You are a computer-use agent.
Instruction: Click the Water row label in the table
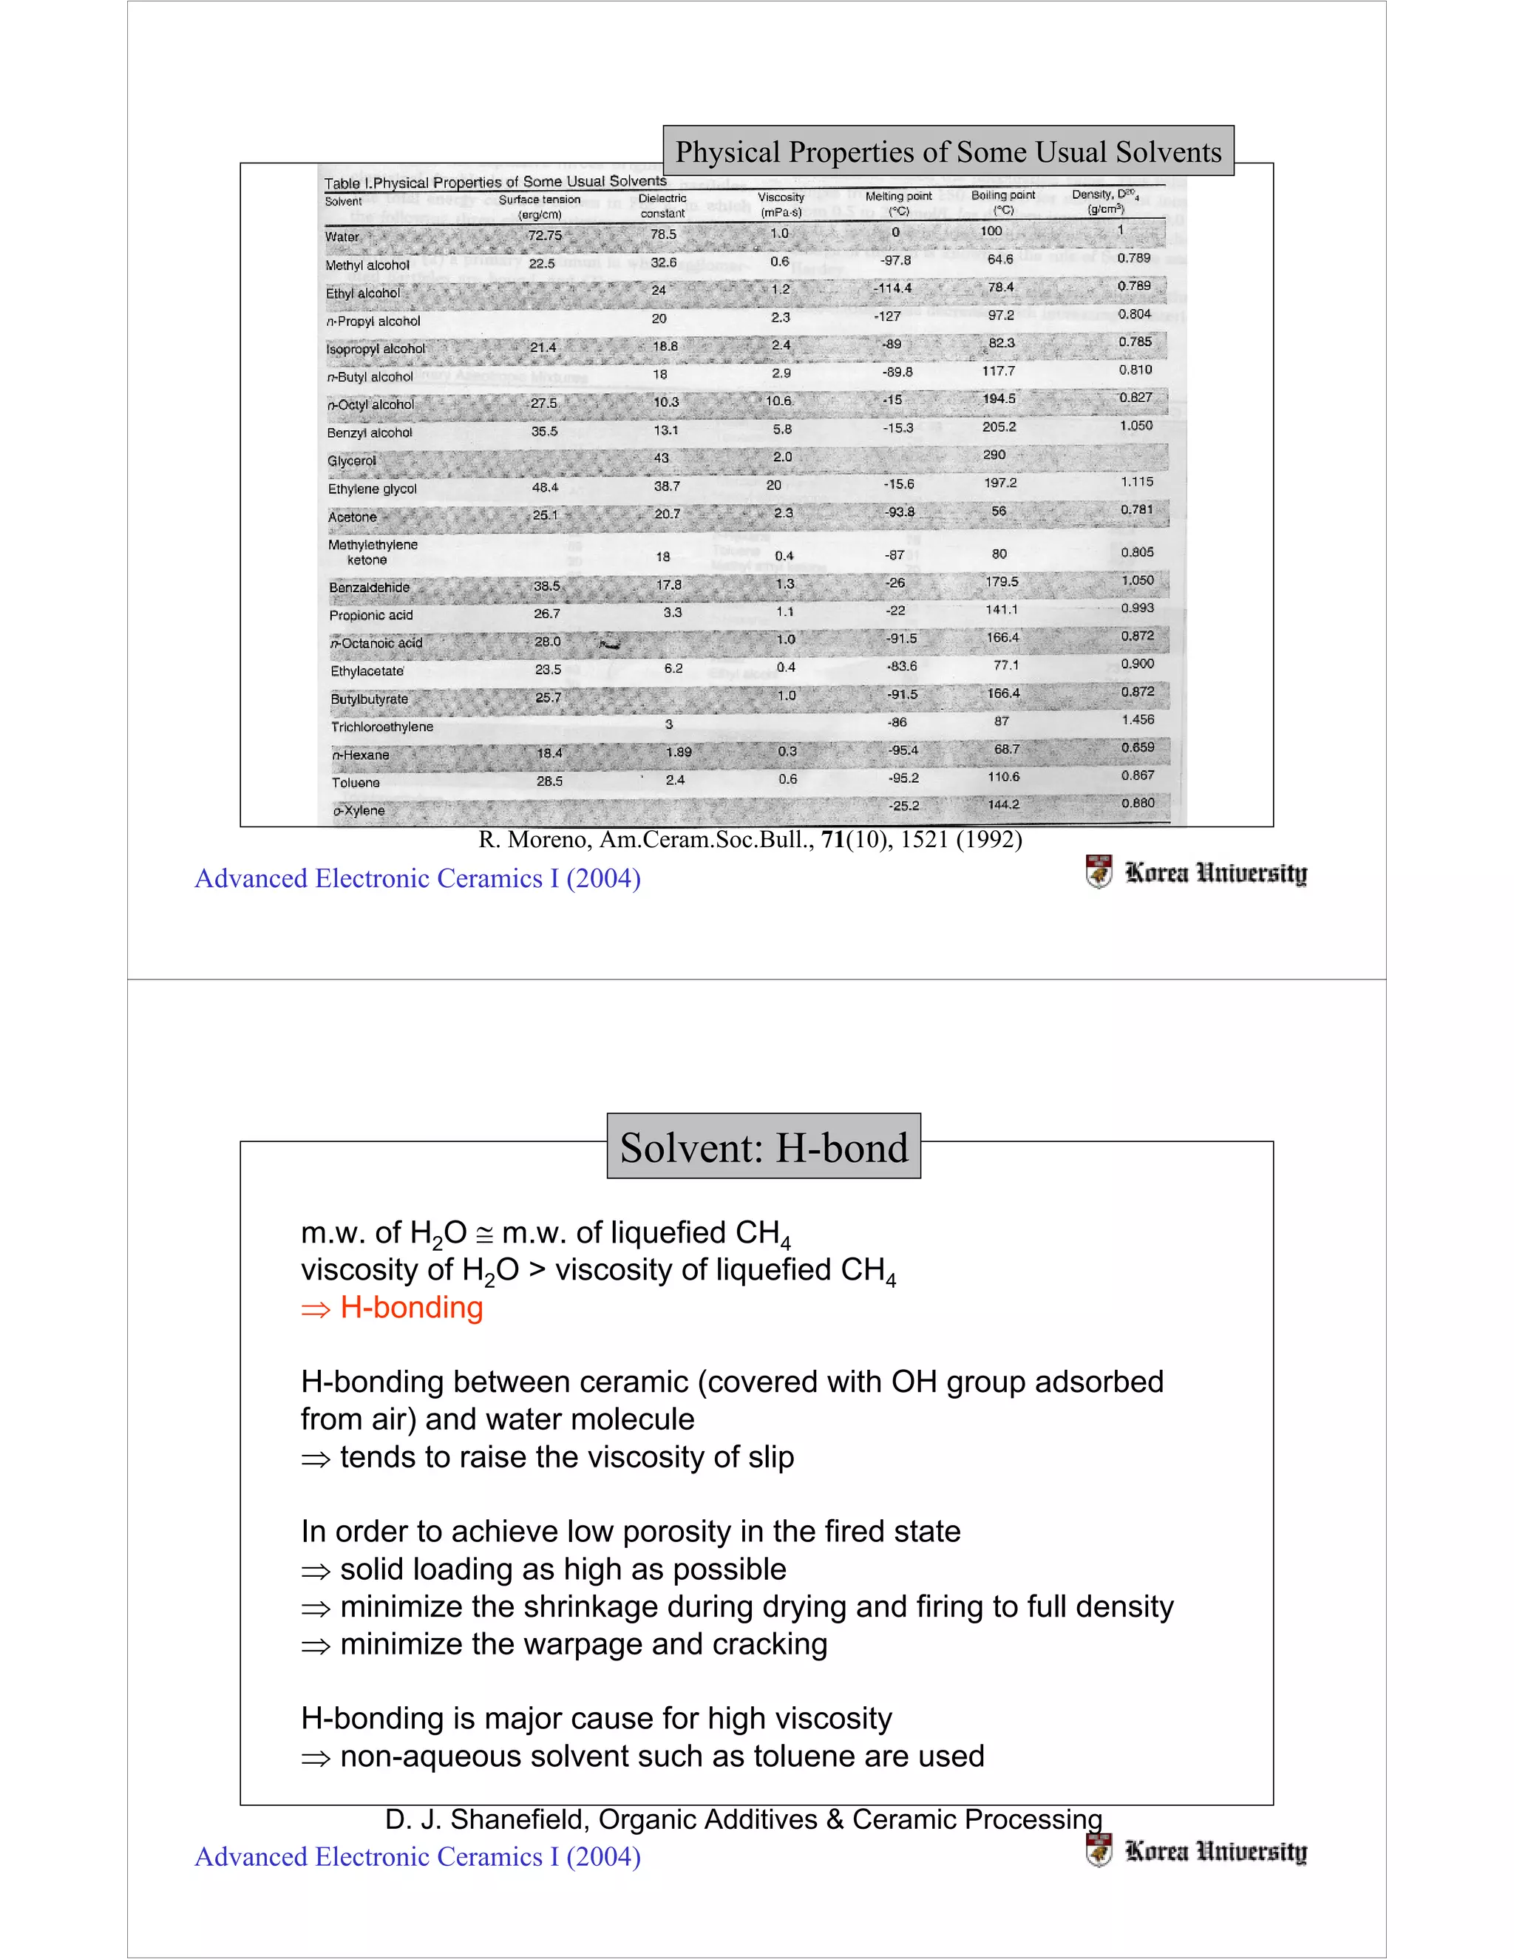342,237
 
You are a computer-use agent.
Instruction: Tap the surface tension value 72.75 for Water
544,235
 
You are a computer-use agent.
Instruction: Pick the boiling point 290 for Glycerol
994,455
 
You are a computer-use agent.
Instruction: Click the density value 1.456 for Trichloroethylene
1137,719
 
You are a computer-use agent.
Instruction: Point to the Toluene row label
356,782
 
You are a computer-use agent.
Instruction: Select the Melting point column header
897,203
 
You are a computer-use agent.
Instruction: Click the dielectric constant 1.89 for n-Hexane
678,752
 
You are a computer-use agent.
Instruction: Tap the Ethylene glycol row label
373,489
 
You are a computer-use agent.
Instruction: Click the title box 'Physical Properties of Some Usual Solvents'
948,152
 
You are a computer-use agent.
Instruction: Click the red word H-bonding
412,1307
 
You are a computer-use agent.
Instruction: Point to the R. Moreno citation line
750,840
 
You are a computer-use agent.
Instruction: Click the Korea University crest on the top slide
1098,872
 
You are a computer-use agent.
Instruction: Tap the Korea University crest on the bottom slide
1098,1850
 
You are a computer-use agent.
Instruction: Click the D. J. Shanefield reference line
743,1819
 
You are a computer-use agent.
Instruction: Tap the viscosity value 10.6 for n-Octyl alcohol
778,401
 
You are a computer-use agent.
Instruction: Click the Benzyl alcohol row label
370,432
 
